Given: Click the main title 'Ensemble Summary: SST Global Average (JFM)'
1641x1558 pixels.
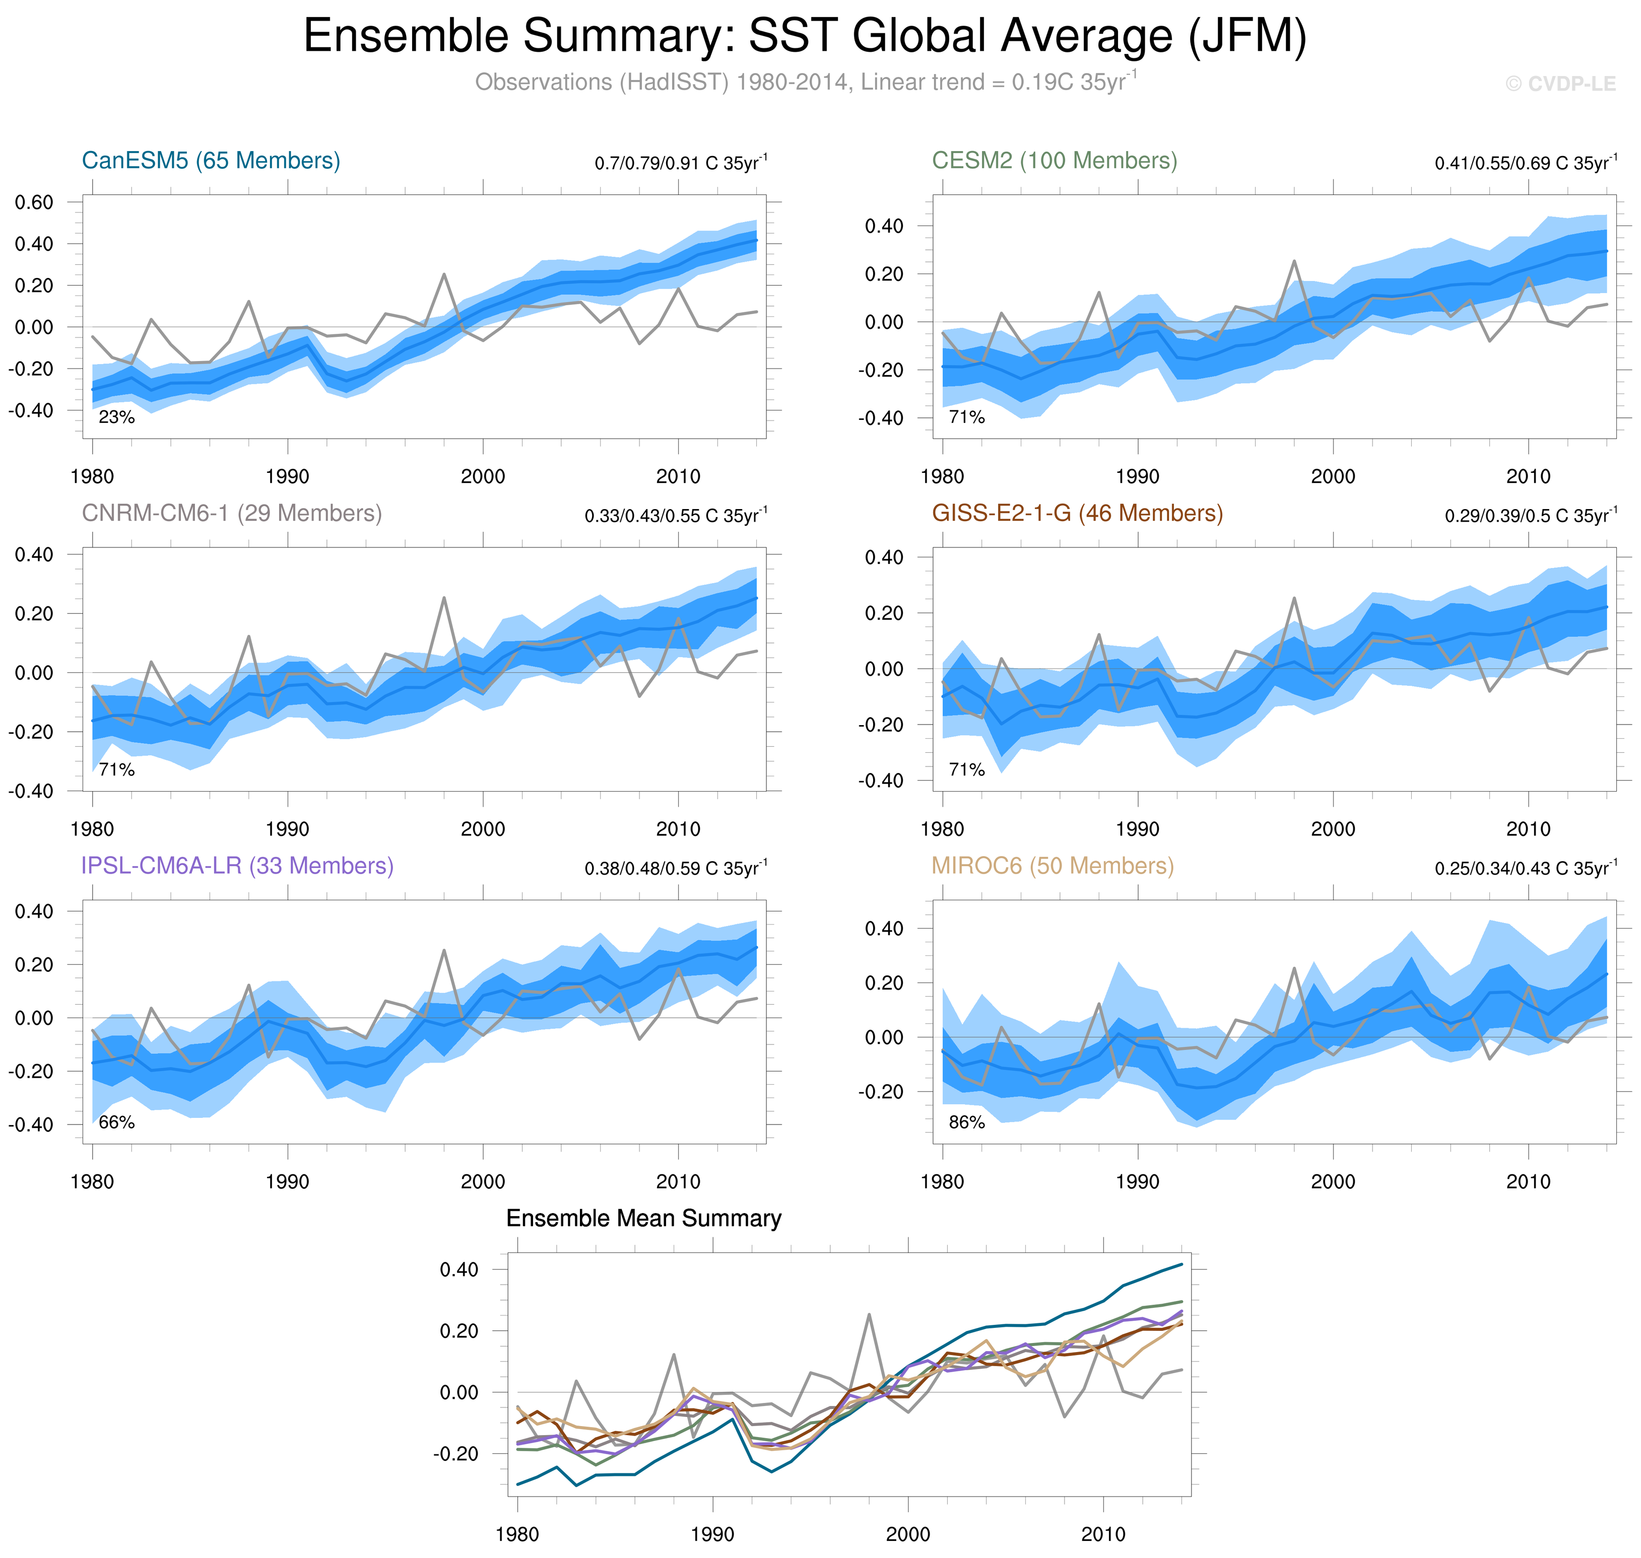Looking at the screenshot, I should (804, 37).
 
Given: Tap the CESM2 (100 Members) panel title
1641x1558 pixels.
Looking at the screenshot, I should (1054, 160).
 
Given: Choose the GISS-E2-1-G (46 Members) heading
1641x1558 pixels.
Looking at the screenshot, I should (1077, 513).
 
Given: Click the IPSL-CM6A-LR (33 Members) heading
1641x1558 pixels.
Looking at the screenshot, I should (237, 866).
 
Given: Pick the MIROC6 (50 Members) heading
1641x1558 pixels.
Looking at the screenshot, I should (1052, 866).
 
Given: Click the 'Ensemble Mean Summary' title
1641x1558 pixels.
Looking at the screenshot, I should (643, 1218).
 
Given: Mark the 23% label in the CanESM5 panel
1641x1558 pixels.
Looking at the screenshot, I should (116, 417).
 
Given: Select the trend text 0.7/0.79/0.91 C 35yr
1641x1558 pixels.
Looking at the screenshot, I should (680, 163).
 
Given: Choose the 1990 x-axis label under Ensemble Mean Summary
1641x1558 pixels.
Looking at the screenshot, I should (712, 1534).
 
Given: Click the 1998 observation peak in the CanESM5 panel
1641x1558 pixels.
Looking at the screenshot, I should (444, 274).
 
